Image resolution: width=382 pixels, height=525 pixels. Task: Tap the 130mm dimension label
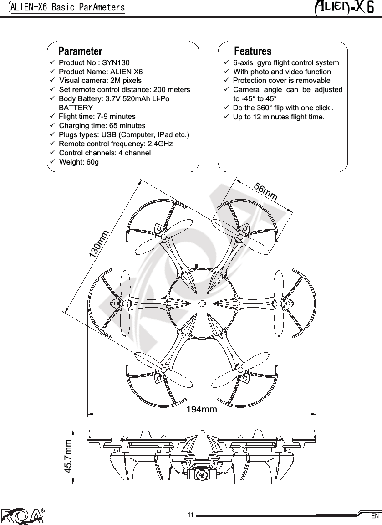(99, 244)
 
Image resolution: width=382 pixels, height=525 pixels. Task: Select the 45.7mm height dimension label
(69, 456)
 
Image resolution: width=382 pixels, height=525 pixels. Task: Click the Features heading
(252, 51)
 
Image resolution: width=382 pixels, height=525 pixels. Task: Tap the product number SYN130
(116, 63)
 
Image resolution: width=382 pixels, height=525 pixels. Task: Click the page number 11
(191, 515)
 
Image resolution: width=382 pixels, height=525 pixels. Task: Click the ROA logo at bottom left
(23, 515)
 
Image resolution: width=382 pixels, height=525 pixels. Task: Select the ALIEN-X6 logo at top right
(344, 8)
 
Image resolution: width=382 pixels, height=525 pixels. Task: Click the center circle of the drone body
(202, 303)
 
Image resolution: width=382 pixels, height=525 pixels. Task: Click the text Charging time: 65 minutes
(102, 125)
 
